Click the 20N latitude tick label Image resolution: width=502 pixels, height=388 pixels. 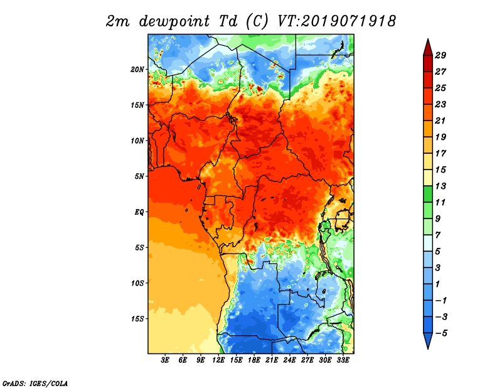point(137,69)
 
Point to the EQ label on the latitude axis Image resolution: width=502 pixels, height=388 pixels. point(139,212)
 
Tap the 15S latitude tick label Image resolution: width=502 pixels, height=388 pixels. point(137,318)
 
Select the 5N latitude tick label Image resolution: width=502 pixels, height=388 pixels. point(139,176)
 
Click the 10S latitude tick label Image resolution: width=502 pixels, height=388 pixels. point(137,283)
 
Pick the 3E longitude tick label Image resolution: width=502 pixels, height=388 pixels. point(166,360)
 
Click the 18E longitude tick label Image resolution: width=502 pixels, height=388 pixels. point(254,360)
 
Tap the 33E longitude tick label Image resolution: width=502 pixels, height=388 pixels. point(343,360)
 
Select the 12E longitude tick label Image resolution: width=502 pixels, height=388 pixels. point(219,360)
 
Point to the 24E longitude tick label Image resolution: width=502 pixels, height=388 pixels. point(290,360)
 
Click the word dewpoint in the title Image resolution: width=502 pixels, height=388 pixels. point(174,21)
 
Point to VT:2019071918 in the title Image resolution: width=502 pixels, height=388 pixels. point(337,21)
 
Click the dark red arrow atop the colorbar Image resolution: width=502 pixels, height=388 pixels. point(427,47)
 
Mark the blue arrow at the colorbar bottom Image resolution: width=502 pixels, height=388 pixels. point(427,341)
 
